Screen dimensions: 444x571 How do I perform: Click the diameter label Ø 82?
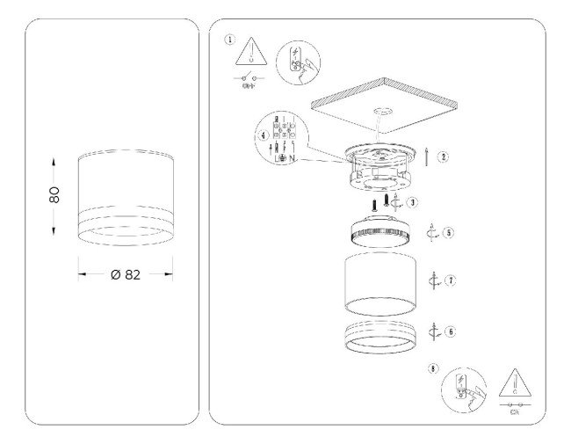pyautogui.click(x=126, y=274)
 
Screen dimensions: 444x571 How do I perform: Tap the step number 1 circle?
pyautogui.click(x=230, y=40)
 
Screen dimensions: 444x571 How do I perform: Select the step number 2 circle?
pyautogui.click(x=445, y=157)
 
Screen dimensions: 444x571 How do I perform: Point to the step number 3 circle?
pyautogui.click(x=412, y=202)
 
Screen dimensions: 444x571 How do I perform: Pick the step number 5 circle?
pyautogui.click(x=448, y=234)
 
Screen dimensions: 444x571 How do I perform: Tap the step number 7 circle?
pyautogui.click(x=449, y=280)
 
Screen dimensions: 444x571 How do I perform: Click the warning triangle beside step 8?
pyautogui.click(x=511, y=383)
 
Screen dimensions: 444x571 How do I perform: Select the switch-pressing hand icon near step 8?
pyautogui.click(x=463, y=388)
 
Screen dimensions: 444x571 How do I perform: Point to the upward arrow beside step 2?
pyautogui.click(x=426, y=157)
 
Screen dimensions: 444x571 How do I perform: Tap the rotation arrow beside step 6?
pyautogui.click(x=432, y=331)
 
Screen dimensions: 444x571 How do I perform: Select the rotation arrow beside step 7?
pyautogui.click(x=432, y=281)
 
